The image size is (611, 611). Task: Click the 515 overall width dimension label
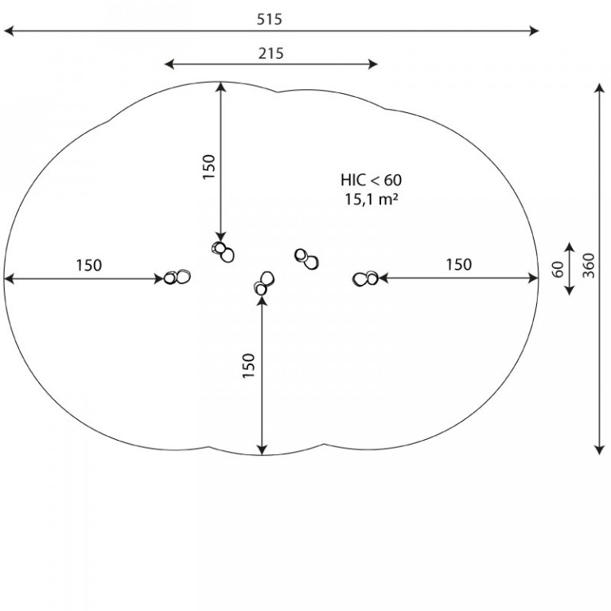tap(269, 19)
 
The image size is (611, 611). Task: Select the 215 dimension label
tap(270, 53)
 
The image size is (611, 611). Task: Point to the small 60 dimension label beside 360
tap(558, 269)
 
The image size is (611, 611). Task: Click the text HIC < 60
tap(371, 180)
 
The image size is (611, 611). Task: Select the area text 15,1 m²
tap(371, 199)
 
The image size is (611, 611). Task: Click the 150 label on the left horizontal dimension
tap(89, 266)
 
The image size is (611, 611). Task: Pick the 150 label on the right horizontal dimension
tap(458, 265)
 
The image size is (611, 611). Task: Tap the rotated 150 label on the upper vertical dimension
tap(209, 167)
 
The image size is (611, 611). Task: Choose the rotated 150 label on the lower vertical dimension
tap(248, 365)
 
